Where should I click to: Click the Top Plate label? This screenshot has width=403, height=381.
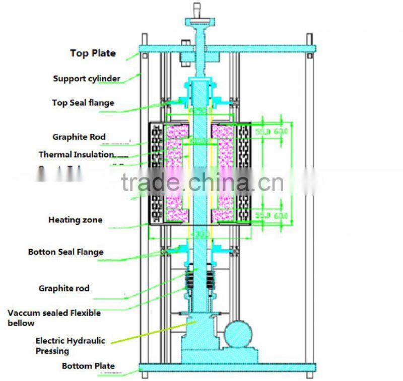pos(93,53)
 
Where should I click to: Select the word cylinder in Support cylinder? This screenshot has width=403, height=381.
pos(104,79)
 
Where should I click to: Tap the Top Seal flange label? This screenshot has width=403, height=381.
pos(83,103)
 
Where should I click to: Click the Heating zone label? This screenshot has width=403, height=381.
pos(75,220)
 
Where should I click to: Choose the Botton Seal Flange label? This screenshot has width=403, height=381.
pos(65,252)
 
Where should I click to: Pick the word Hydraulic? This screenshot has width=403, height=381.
pos(89,341)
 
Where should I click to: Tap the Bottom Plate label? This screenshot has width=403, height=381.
pos(88,366)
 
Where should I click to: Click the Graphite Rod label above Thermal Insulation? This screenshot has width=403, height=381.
pos(79,137)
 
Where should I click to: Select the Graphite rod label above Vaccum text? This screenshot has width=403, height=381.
pos(64,288)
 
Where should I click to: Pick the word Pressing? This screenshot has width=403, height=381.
pos(52,351)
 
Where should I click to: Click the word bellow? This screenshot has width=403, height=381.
pos(21,323)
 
